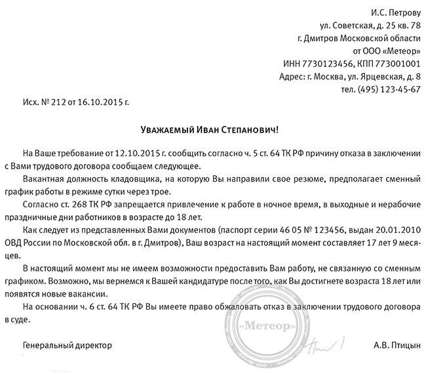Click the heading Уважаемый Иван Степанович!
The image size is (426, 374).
click(x=214, y=129)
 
